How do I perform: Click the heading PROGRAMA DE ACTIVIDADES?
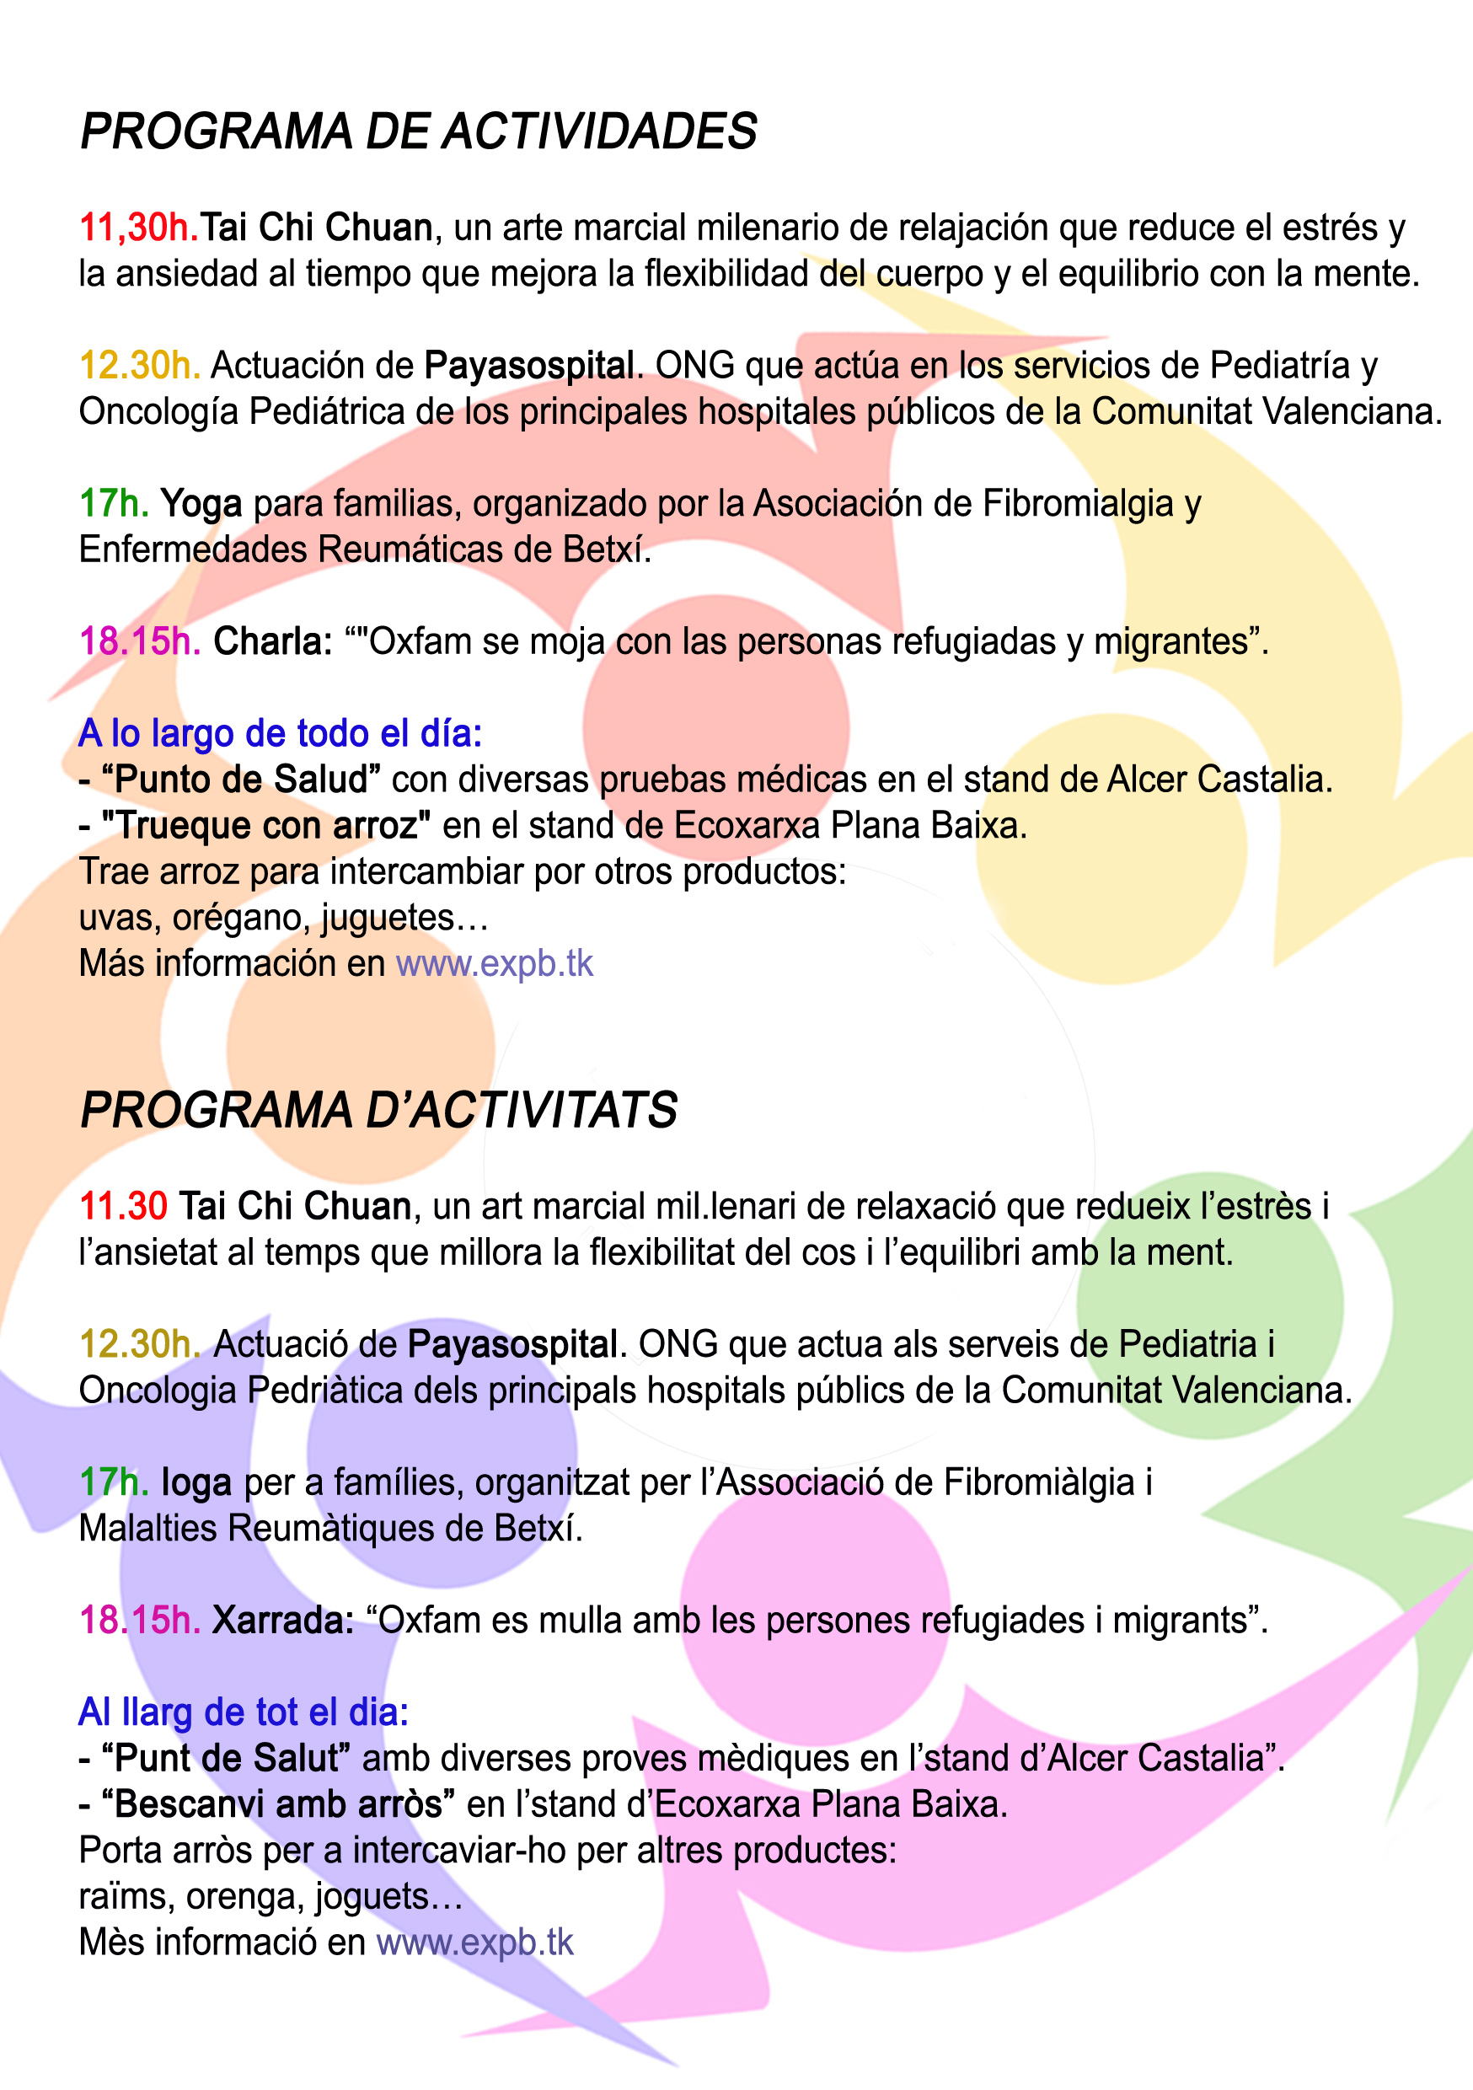tap(419, 131)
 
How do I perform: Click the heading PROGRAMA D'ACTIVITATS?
tap(378, 1111)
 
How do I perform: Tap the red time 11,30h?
tap(138, 228)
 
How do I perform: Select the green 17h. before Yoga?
tap(114, 503)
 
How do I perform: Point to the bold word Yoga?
tap(201, 503)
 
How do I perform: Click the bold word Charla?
tap(273, 641)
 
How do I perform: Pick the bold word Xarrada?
tap(283, 1621)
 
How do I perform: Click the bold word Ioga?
tap(196, 1483)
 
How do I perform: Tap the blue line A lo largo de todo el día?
tap(281, 734)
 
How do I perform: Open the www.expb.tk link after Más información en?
tap(495, 964)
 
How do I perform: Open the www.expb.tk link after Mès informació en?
tap(475, 1943)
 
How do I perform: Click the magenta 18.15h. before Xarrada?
tap(140, 1621)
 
